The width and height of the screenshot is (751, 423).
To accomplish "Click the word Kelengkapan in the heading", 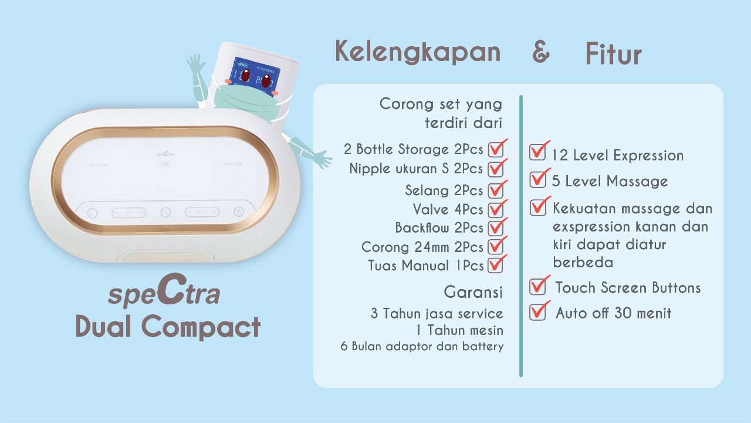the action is coord(418,52).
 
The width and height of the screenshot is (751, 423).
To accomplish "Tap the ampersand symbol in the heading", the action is coord(541,52).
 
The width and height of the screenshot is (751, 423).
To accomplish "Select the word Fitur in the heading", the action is coord(614,53).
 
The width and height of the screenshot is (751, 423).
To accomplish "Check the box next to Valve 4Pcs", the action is coord(496,210).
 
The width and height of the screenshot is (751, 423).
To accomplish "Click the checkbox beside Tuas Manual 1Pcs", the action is coord(496,265).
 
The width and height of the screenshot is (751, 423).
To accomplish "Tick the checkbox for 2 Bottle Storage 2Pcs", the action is coord(496,149).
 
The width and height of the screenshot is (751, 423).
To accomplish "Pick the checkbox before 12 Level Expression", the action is coord(537,152).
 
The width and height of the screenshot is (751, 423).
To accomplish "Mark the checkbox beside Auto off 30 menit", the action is coord(537,312).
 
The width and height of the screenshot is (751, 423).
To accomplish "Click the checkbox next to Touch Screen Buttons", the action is coord(537,287).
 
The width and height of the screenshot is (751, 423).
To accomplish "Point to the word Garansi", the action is coord(473,292).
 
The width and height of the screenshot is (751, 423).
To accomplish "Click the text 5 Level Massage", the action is coord(610,182).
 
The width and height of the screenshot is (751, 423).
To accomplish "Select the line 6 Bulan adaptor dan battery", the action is coord(422,346).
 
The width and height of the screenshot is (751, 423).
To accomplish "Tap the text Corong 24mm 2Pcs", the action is coord(422,247).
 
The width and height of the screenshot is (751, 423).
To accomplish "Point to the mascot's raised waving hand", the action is coord(197,65).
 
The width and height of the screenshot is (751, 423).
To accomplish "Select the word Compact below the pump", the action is coord(201,327).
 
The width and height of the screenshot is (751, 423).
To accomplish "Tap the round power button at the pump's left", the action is coord(92,213).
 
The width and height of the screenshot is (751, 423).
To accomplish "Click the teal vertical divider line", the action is coord(520,236).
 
